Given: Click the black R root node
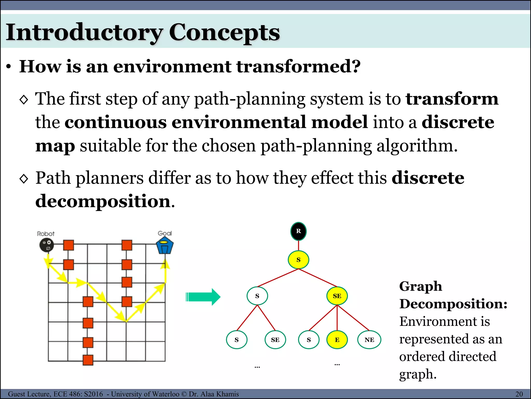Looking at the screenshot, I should click(x=298, y=231).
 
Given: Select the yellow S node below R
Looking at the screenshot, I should click(x=298, y=260).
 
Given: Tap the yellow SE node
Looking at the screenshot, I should click(x=337, y=296).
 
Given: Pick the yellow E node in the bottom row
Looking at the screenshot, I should click(x=337, y=340).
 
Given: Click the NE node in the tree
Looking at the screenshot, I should click(x=369, y=340).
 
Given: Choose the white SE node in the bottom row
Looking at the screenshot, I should click(x=275, y=340).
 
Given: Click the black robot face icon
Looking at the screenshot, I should click(x=47, y=245).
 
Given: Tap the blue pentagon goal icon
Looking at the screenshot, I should click(x=165, y=246).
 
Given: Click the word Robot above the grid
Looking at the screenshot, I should click(x=46, y=234).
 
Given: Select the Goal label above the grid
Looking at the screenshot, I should click(x=165, y=233).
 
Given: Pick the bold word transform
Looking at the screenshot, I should click(x=452, y=99).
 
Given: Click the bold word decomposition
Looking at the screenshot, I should click(x=103, y=201).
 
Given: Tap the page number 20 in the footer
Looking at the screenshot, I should click(x=519, y=394).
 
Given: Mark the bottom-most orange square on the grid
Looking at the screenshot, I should click(x=88, y=360).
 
